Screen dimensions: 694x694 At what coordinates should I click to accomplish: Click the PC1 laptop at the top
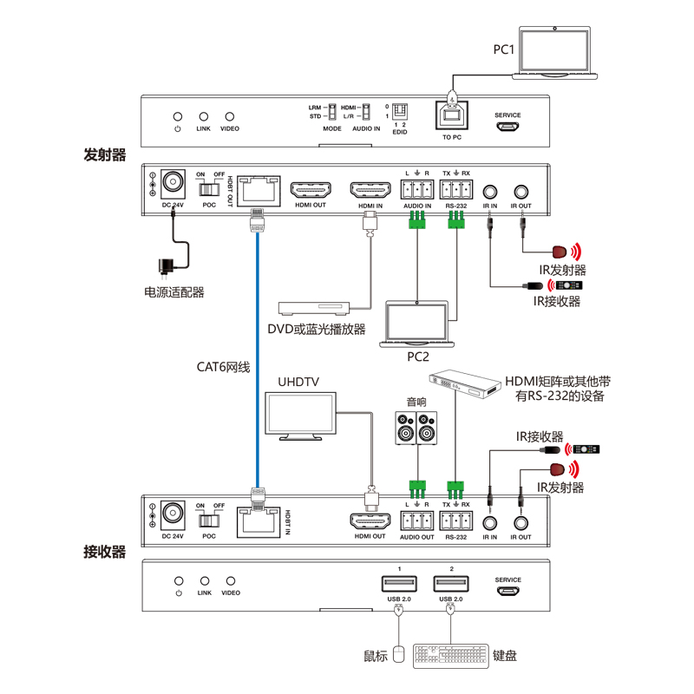pyautogui.click(x=555, y=54)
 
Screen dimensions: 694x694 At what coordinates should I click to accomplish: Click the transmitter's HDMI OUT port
pyautogui.click(x=311, y=190)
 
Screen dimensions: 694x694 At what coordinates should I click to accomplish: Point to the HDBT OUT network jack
pyautogui.click(x=259, y=189)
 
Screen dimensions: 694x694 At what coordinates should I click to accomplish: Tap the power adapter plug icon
pyautogui.click(x=164, y=266)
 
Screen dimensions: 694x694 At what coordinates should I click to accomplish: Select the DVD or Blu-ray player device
pyautogui.click(x=313, y=308)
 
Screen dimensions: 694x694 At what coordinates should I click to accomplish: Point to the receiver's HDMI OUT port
pyautogui.click(x=370, y=521)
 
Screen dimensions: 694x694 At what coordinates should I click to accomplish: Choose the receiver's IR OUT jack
pyautogui.click(x=521, y=522)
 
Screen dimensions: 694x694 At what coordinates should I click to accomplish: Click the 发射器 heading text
pyautogui.click(x=105, y=156)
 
